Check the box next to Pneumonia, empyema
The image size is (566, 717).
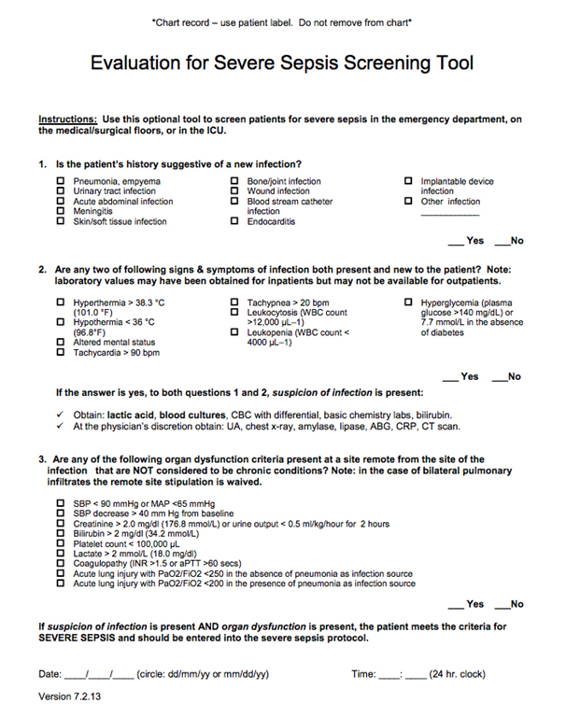point(62,181)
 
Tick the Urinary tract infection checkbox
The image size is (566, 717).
point(62,191)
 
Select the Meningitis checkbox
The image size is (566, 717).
point(62,212)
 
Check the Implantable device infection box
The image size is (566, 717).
point(408,181)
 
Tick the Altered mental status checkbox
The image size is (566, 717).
point(62,343)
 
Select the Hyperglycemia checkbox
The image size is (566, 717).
point(408,302)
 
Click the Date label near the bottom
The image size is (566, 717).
point(50,674)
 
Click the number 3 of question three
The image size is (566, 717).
point(42,459)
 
